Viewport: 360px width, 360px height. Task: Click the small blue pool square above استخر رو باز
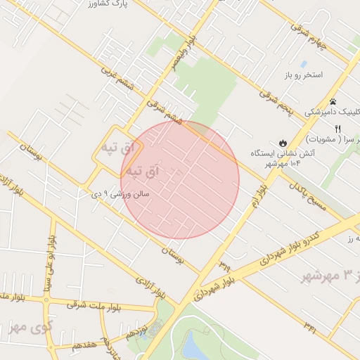[303, 63]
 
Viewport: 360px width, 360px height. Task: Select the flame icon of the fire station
[283, 142]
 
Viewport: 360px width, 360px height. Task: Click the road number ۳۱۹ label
[224, 264]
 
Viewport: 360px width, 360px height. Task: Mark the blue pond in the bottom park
[193, 345]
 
